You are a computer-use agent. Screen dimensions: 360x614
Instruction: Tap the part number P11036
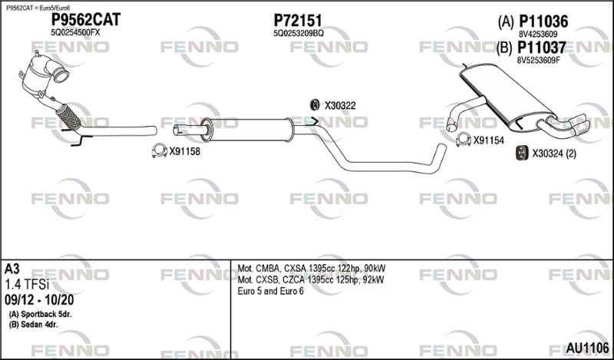click(x=543, y=21)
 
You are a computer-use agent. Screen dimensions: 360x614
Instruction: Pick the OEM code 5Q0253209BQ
click(x=299, y=34)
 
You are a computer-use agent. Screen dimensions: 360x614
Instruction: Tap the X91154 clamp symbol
click(x=463, y=140)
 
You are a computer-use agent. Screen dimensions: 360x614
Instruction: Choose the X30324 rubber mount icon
click(x=520, y=154)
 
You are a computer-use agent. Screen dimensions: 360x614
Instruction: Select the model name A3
click(x=12, y=269)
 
